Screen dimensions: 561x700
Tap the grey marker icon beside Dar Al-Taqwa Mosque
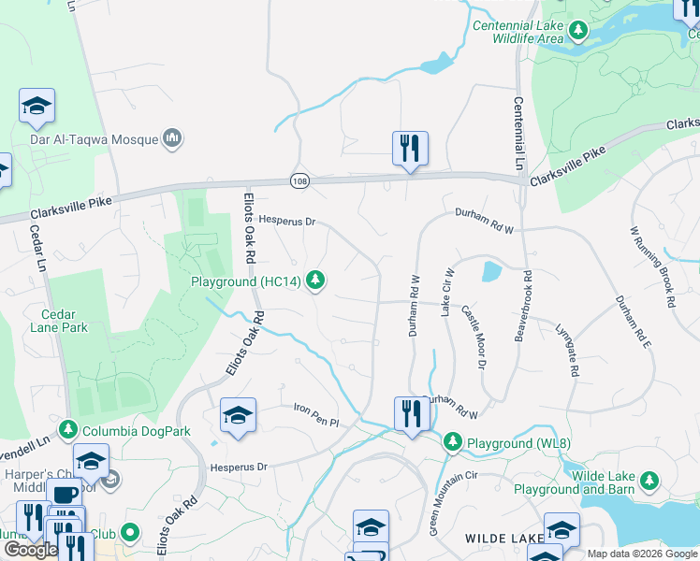(172, 139)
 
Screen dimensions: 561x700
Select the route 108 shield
(299, 180)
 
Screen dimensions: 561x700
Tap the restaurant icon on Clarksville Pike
(410, 149)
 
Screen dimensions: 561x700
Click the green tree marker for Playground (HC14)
(317, 280)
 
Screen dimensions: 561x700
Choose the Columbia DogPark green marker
(66, 429)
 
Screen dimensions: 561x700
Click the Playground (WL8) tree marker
(453, 440)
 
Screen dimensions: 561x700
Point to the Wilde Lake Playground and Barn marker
(648, 482)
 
